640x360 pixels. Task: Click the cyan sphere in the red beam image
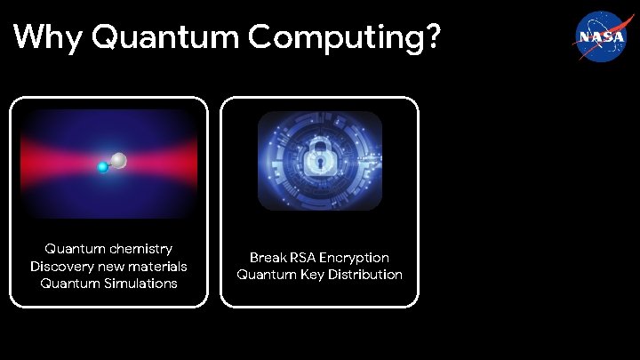103,167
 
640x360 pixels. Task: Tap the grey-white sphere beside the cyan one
118,161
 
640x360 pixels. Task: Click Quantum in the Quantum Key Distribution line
265,275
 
